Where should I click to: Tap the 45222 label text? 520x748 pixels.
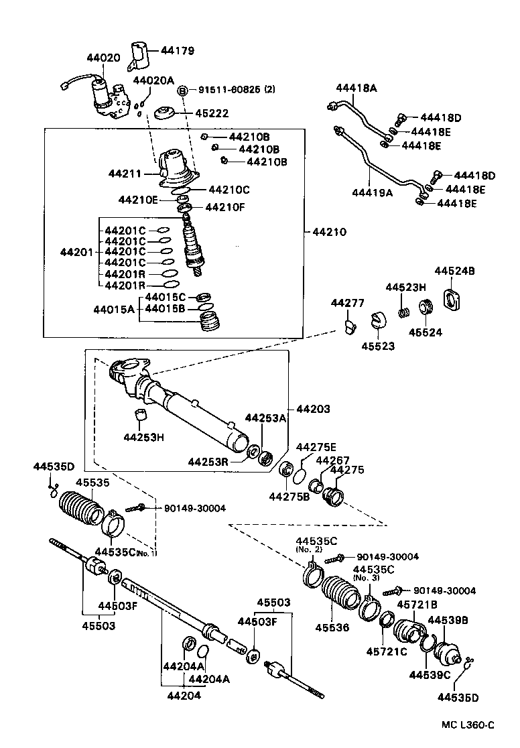[x=200, y=113]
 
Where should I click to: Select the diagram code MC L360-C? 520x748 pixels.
[x=467, y=725]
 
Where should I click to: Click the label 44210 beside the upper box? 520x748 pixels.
[x=330, y=233]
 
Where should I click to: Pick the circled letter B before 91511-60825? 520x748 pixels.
[x=182, y=90]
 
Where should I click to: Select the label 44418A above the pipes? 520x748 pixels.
[x=356, y=88]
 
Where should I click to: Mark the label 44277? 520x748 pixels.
[x=347, y=303]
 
